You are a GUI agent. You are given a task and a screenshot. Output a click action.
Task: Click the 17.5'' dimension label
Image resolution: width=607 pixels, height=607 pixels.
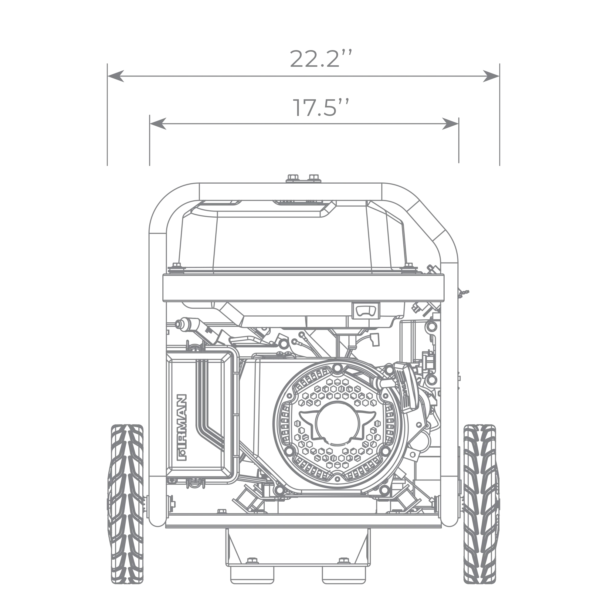[x=321, y=107]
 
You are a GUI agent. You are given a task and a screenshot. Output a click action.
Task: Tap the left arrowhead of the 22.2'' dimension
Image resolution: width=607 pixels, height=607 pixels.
[x=116, y=76]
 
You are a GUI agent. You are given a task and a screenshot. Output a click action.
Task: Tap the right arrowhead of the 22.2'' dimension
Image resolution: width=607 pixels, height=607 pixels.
[x=491, y=76]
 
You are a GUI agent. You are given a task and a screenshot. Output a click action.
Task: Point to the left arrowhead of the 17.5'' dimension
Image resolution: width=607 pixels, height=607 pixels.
[x=158, y=124]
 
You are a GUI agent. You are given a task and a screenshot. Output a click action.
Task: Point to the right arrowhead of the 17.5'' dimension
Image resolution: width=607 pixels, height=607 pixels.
[x=450, y=124]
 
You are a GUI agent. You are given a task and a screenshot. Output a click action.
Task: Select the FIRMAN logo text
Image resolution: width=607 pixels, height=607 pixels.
[x=182, y=428]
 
